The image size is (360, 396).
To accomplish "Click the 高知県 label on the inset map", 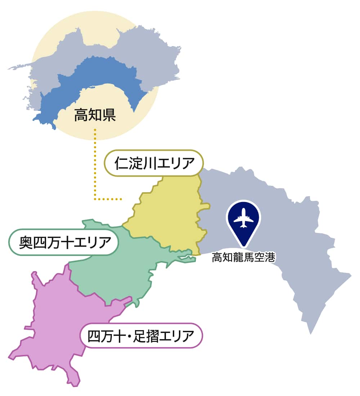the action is point(95,116).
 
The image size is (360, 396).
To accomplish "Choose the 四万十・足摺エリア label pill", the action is point(141,336).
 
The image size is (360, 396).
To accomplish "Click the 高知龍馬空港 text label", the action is point(243,258).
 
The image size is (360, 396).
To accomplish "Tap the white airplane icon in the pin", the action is point(243,218).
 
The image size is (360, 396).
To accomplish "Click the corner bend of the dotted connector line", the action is point(95,199).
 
